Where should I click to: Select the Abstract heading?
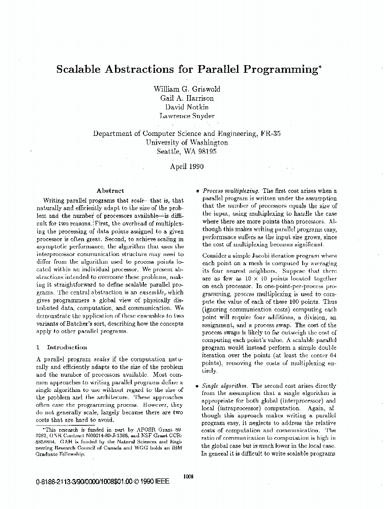tap(110, 190)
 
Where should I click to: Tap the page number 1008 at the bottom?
tap(188, 476)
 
